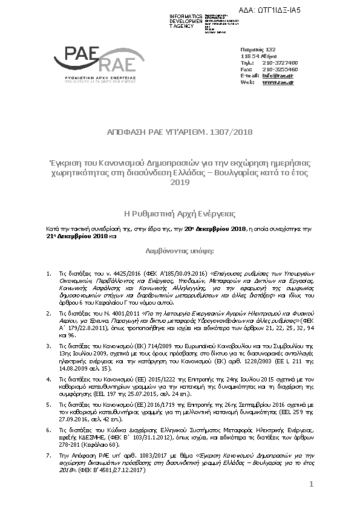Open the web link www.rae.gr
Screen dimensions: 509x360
click(x=278, y=82)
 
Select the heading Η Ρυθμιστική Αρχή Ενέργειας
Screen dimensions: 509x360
click(x=180, y=214)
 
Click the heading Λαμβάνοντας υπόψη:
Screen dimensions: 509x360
click(x=180, y=249)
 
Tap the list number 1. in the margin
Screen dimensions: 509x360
click(x=48, y=274)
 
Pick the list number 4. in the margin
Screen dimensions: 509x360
click(x=48, y=380)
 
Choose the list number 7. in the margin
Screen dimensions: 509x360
click(x=48, y=453)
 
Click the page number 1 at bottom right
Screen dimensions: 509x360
click(x=311, y=484)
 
